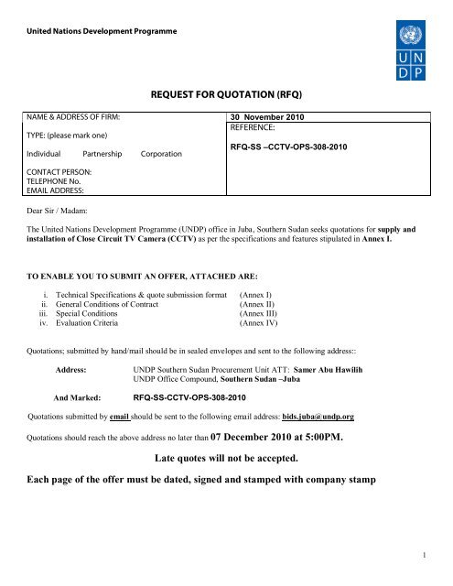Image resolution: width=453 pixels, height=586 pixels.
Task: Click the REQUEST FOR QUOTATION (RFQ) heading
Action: (x=226, y=93)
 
